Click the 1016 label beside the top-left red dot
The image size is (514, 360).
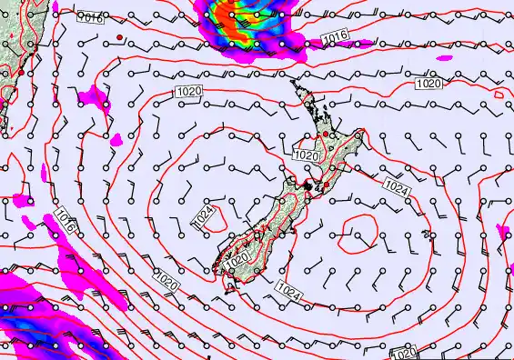(90, 17)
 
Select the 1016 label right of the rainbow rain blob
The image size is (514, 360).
(336, 36)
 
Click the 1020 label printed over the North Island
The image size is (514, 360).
(307, 156)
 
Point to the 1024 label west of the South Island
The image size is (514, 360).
(204, 215)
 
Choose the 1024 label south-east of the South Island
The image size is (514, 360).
(287, 292)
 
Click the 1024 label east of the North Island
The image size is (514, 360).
(396, 185)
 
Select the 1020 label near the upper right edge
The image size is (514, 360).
(428, 84)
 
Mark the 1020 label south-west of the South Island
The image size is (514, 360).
(165, 282)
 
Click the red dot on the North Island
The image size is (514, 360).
(326, 135)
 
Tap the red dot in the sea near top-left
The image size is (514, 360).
(119, 36)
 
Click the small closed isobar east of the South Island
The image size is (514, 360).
(356, 235)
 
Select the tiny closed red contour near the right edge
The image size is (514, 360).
(499, 93)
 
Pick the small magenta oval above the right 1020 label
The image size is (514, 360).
(443, 57)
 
